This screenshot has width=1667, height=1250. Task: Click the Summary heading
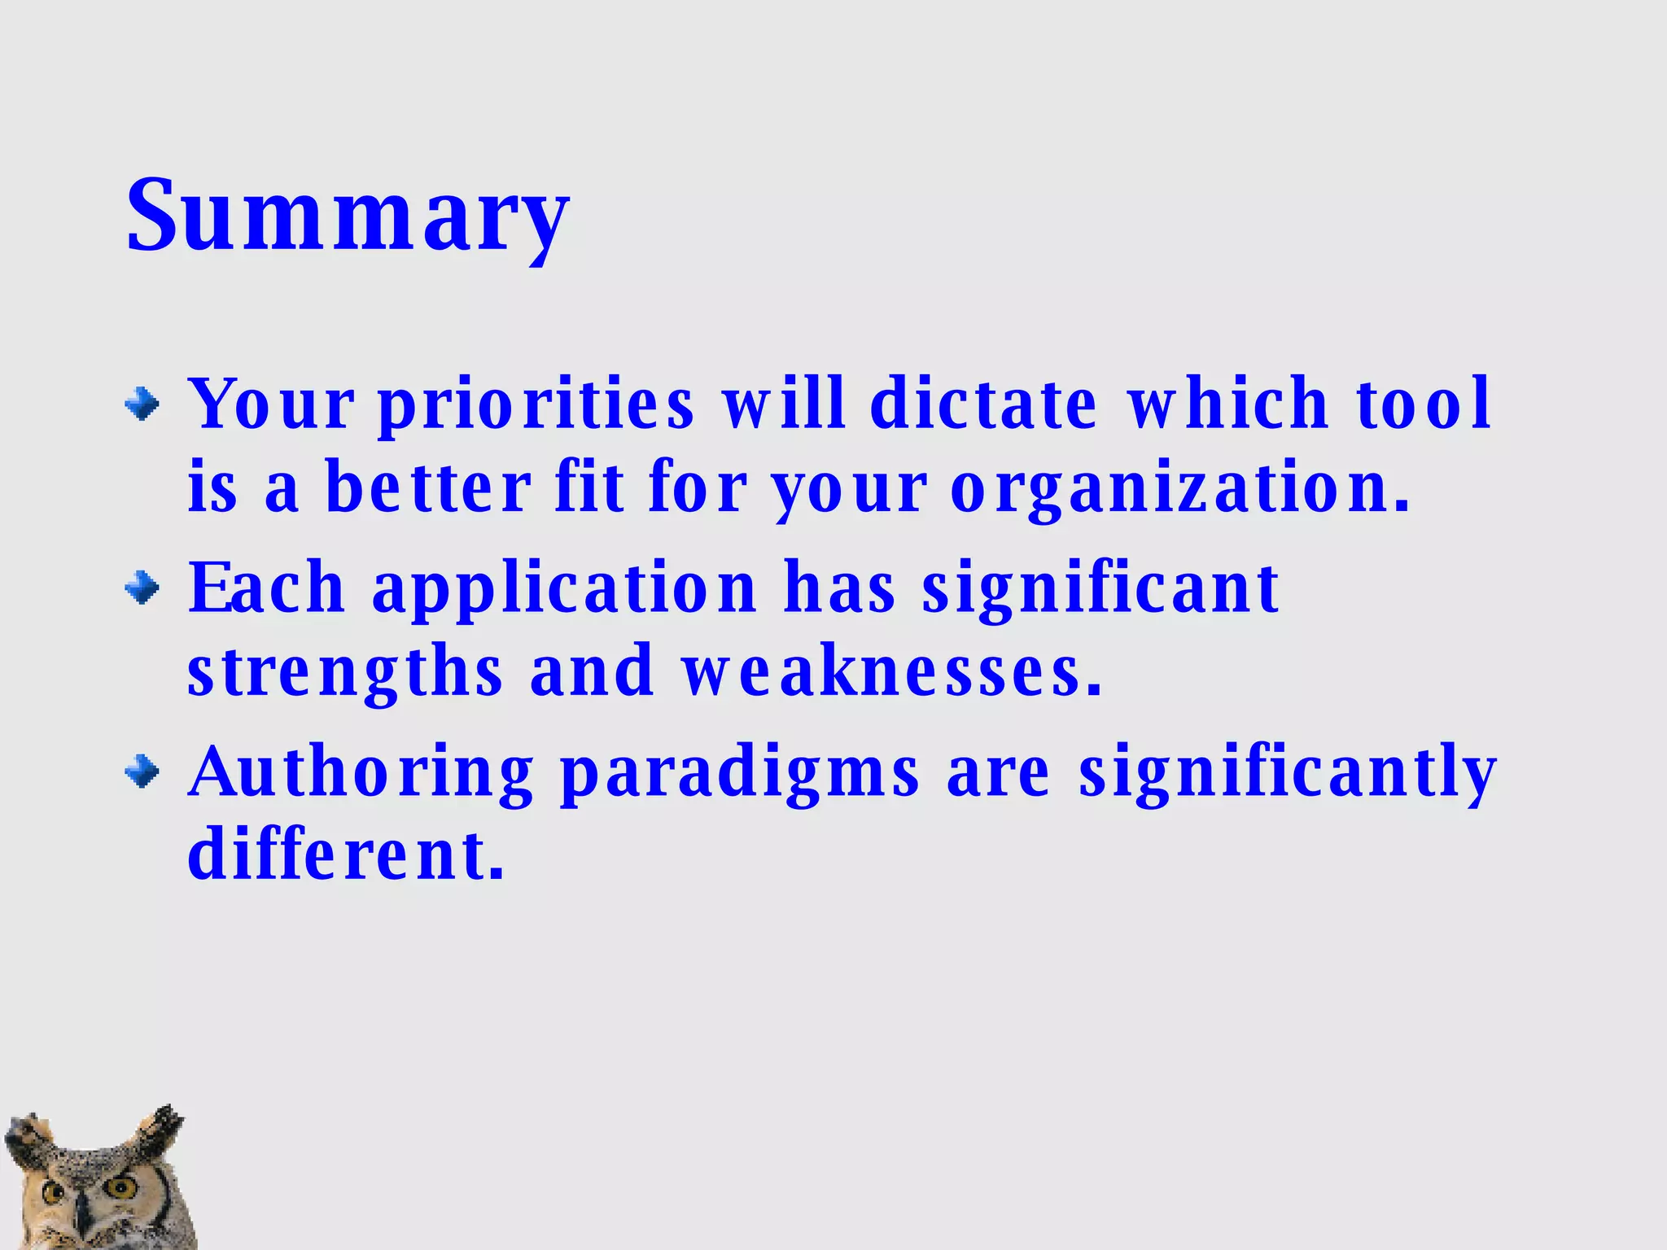(x=348, y=215)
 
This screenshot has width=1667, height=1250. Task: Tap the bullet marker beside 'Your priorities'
(x=142, y=404)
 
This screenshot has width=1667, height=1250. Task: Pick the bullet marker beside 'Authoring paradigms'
(x=142, y=771)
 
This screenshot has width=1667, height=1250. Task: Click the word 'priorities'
(x=536, y=404)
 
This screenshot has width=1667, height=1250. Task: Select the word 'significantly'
(x=1288, y=773)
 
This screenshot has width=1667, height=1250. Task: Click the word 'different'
(x=345, y=854)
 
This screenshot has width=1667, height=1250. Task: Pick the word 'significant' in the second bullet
(x=1100, y=589)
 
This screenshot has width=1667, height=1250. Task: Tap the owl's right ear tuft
(x=161, y=1127)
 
